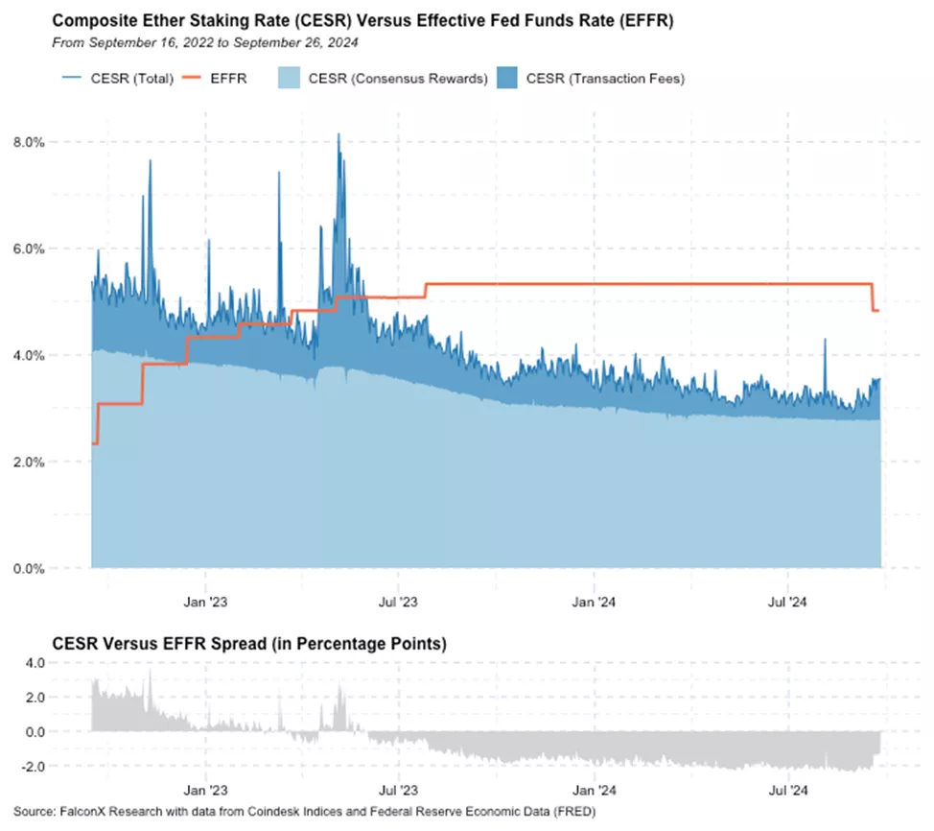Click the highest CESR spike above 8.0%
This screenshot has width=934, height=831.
(x=339, y=136)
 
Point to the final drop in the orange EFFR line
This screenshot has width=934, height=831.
(x=872, y=297)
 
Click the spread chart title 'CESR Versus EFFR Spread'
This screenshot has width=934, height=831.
(x=249, y=645)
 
